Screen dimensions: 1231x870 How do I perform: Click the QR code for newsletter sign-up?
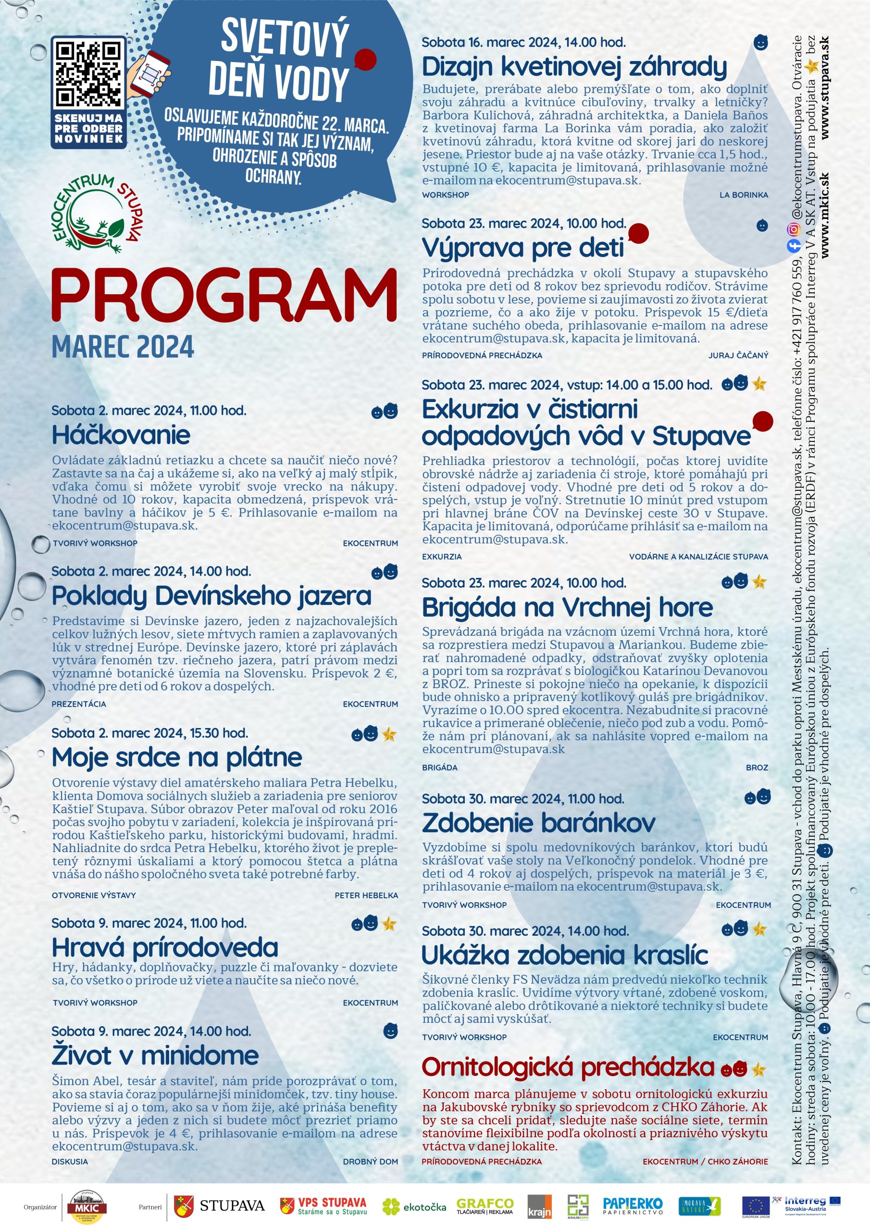click(x=89, y=74)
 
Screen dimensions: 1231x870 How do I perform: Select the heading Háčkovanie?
click(x=121, y=435)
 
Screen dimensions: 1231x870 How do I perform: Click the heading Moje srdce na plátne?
click(x=177, y=757)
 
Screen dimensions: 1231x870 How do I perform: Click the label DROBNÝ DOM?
click(x=371, y=1161)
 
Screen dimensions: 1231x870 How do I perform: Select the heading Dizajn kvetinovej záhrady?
click(x=574, y=67)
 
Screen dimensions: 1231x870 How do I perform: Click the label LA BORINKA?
click(x=744, y=195)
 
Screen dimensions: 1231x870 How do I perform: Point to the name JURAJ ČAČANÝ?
click(x=738, y=355)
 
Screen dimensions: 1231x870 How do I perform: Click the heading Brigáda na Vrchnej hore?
click(x=567, y=607)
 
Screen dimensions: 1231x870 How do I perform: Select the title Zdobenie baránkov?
click(x=538, y=823)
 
